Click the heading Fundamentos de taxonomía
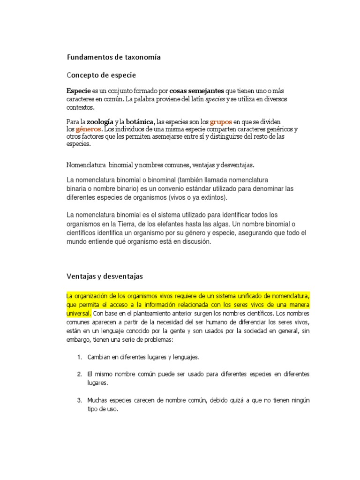(x=113, y=57)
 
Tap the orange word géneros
(x=88, y=129)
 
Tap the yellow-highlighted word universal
(x=79, y=313)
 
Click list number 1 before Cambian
(x=79, y=357)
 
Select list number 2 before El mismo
(x=79, y=374)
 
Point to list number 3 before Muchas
(x=79, y=400)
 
